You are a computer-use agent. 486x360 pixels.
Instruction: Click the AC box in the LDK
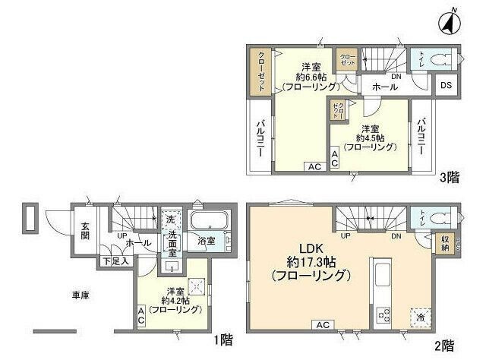(x=321, y=325)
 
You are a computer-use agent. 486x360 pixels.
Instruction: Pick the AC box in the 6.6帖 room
(x=312, y=166)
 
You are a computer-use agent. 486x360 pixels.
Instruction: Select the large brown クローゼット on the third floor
(x=260, y=71)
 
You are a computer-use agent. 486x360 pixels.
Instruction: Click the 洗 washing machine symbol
(x=171, y=219)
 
